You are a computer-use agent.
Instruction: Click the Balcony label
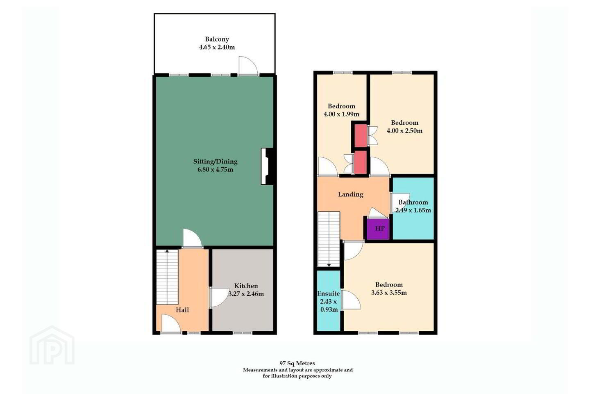point(217,39)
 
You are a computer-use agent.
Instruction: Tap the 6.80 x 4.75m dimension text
point(215,170)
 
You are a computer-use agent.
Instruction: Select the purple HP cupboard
point(378,229)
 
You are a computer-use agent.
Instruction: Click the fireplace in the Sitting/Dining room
point(268,166)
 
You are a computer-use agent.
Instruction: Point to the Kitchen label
point(246,286)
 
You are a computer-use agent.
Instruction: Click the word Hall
point(182,310)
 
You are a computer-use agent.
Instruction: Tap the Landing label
point(351,195)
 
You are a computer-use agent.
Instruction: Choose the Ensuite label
point(328,293)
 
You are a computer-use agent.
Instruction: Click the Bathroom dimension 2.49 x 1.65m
point(413,210)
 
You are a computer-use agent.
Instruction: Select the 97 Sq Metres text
point(297,363)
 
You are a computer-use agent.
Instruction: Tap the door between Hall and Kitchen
point(219,298)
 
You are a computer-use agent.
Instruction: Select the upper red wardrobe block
point(361,136)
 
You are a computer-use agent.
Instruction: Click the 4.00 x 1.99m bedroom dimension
point(341,114)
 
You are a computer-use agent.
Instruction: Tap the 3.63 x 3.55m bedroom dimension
point(389,292)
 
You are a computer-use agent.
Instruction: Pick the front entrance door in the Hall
point(171,323)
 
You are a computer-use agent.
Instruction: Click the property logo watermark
point(52,346)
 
